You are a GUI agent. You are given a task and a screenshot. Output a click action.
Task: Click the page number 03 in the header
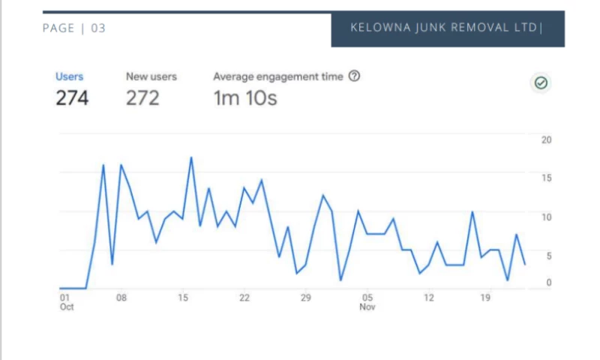point(98,28)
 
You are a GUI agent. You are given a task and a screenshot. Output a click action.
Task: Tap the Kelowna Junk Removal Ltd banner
point(447,28)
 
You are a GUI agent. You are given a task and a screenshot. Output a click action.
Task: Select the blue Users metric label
point(70,76)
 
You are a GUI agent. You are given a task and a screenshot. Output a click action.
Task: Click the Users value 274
point(72,97)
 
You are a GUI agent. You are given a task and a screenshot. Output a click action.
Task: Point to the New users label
point(151,76)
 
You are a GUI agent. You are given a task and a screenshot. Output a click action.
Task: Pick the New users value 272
point(142,97)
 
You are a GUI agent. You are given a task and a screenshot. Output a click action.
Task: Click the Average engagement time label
point(278,76)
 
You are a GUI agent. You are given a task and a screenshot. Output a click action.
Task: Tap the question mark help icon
point(355,76)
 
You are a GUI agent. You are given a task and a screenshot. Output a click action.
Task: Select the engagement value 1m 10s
point(245,97)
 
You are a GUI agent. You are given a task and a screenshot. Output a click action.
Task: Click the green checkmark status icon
point(541,83)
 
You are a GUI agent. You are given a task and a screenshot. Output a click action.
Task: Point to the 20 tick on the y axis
point(546,140)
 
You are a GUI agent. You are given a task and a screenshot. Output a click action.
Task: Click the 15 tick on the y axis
point(546,178)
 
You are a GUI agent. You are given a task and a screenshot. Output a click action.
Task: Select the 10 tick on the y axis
point(546,217)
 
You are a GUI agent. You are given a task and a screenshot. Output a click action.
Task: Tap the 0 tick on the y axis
point(548,283)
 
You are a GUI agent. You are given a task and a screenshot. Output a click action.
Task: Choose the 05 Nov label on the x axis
point(367,302)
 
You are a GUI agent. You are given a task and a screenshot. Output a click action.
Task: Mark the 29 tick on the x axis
point(305,298)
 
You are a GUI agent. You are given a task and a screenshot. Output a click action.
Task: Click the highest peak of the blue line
point(191,157)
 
